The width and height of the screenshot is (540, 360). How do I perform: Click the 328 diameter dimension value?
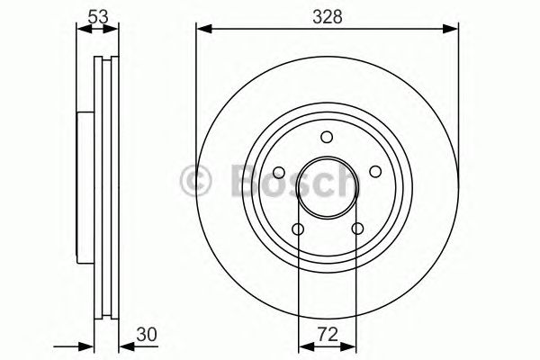(325, 15)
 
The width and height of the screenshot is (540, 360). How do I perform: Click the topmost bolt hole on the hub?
(325, 138)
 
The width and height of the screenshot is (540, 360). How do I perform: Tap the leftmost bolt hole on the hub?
(279, 173)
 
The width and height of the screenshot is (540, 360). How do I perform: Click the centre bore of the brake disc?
(325, 187)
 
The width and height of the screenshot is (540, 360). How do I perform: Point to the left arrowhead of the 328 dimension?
(203, 31)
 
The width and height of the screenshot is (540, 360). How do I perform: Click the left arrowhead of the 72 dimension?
(303, 346)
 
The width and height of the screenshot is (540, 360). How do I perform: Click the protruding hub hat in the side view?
(85, 187)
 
